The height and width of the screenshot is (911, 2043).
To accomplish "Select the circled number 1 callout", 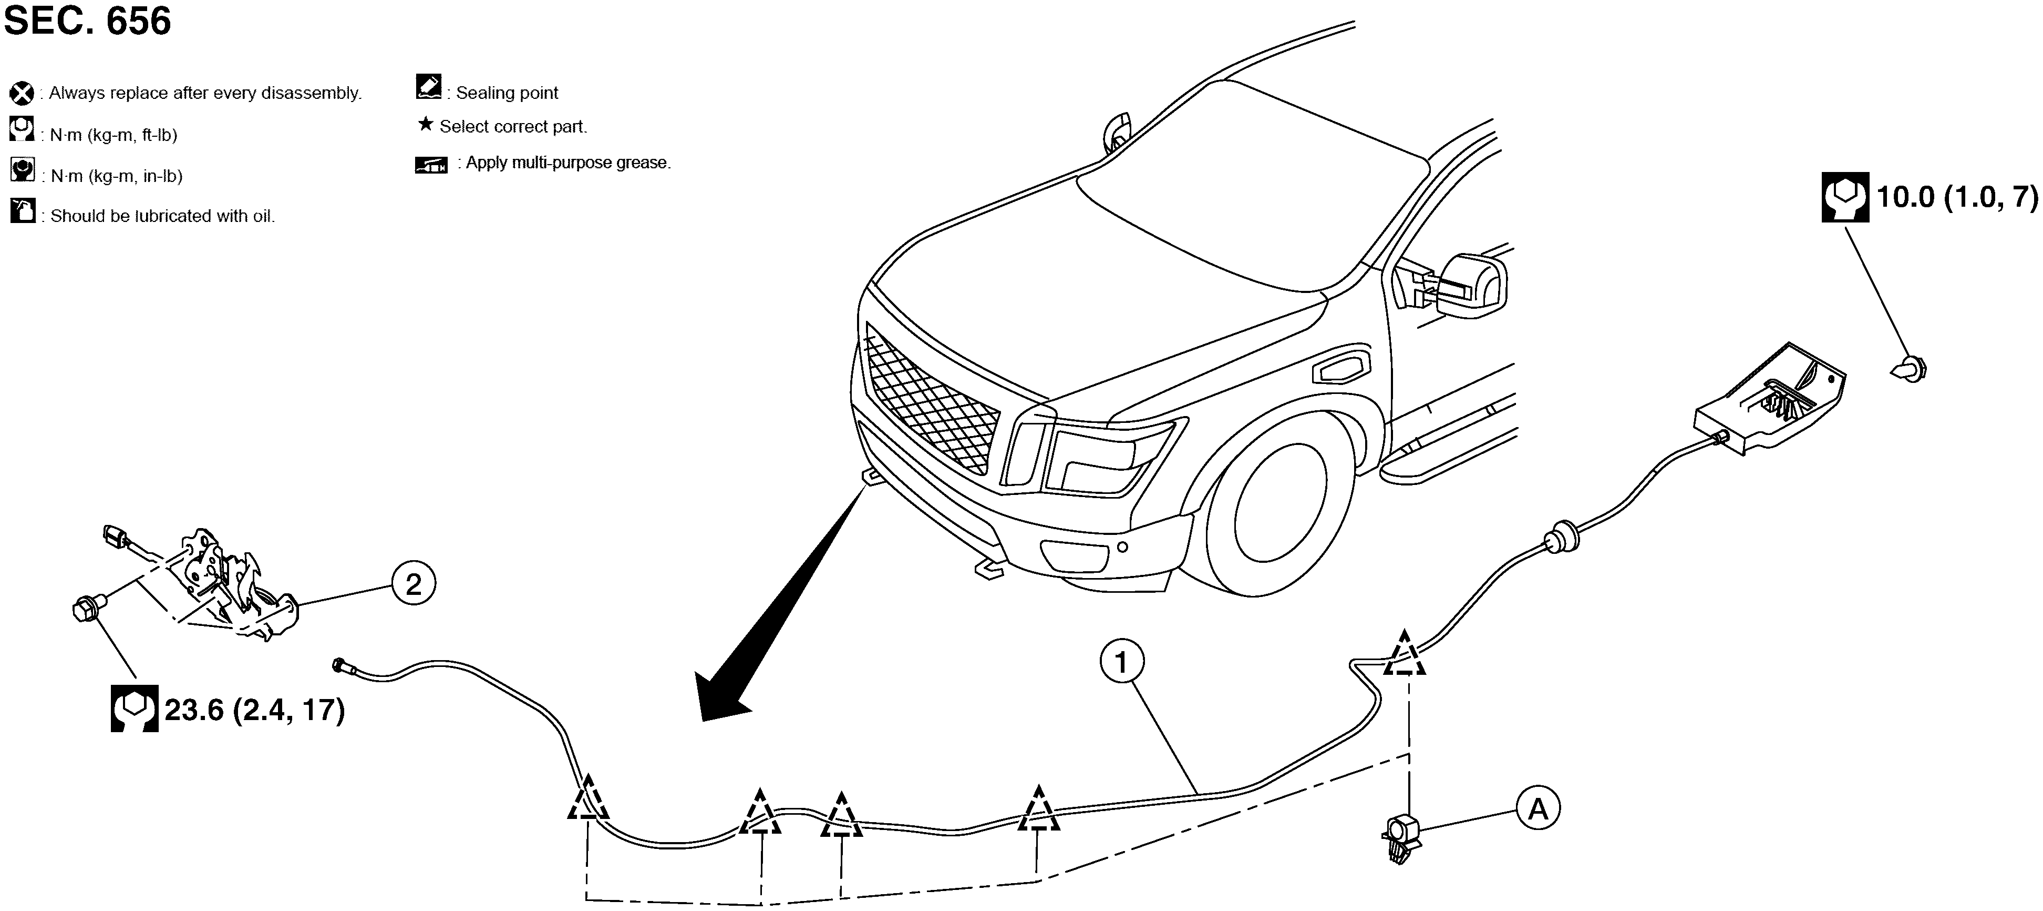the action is (1121, 662).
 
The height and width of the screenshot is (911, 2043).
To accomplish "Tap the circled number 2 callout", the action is (413, 585).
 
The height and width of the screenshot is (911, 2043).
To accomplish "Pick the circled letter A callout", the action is (1538, 808).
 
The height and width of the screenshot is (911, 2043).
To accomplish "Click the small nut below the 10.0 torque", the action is (1911, 369).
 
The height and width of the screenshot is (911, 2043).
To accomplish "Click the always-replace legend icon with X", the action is (22, 94).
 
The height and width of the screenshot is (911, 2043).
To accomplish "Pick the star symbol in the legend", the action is (426, 125).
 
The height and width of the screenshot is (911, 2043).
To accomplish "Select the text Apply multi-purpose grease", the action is (568, 163).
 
